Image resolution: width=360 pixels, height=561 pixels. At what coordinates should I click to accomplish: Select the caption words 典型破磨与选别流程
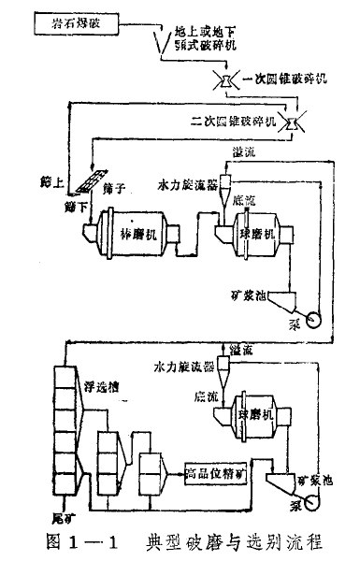(233, 539)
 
